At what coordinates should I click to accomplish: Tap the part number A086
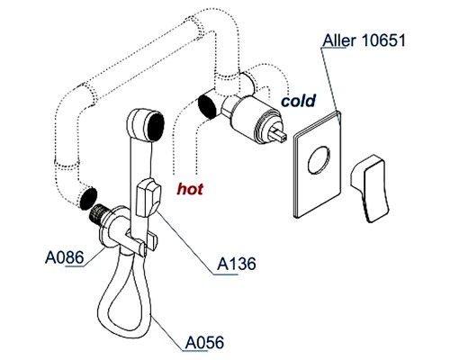(63, 257)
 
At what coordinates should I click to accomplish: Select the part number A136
(237, 265)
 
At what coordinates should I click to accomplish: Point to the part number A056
(205, 343)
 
